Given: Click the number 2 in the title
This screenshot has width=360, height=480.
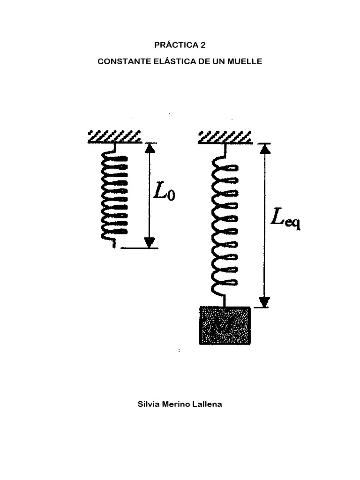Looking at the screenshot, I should click(203, 45).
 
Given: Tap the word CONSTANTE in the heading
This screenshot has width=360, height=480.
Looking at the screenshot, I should click(119, 62).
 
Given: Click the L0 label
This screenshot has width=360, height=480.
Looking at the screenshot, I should click(165, 192).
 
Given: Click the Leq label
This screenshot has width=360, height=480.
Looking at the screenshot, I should click(285, 219).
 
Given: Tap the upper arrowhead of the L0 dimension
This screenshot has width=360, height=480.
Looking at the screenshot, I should click(150, 148).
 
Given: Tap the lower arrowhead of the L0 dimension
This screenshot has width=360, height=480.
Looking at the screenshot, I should click(150, 242).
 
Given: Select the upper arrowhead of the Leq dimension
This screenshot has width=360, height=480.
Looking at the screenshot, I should click(265, 148).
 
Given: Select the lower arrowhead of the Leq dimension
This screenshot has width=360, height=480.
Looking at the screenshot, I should click(265, 302).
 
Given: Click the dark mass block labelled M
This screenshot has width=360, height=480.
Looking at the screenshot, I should click(225, 325).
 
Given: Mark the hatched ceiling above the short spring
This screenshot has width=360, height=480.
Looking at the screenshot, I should click(115, 136).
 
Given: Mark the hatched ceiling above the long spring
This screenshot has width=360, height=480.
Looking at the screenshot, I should click(225, 136).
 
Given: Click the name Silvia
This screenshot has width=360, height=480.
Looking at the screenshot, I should click(148, 404).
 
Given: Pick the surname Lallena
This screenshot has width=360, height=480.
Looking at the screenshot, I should click(208, 404).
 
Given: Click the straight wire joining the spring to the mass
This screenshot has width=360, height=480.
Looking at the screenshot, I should click(225, 300).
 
